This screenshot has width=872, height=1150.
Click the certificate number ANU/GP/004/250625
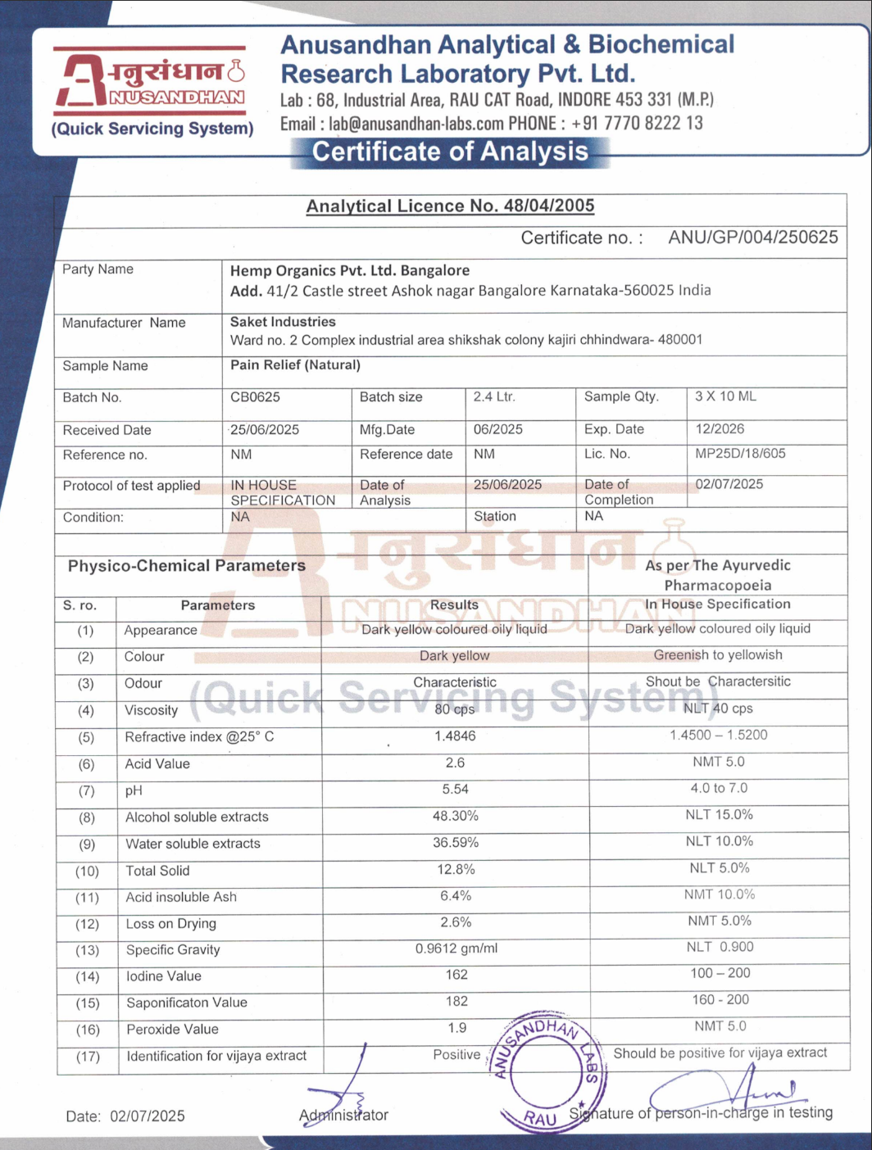752,238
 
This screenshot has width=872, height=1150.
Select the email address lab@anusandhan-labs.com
416,124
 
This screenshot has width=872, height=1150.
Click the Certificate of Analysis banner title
450,152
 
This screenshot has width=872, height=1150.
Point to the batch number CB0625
255,397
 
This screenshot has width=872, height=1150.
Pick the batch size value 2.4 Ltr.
494,397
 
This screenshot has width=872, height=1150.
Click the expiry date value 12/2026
721,428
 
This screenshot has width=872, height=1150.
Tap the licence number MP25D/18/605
740,453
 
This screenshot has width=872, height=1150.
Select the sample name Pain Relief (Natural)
295,364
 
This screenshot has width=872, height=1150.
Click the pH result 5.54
455,790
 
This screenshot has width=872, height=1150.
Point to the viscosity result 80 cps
455,709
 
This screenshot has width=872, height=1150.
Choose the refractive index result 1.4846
455,736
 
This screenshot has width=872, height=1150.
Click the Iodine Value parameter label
163,976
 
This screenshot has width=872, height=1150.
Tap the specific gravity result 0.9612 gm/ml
456,949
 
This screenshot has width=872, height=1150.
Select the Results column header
454,604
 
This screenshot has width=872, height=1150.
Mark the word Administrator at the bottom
343,1116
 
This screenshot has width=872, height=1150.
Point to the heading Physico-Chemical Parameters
187,566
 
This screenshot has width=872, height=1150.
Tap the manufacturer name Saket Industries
283,322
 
